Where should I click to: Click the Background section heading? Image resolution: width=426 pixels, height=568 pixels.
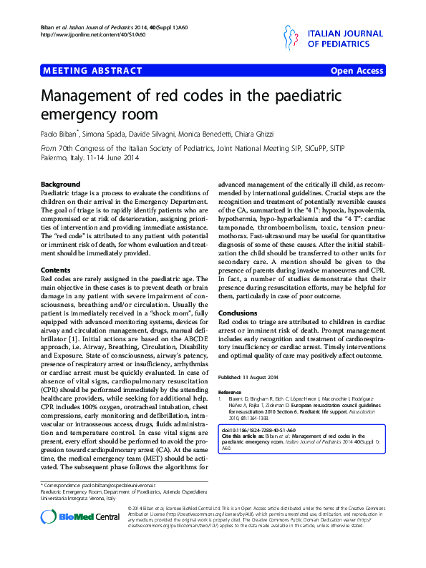click(59, 184)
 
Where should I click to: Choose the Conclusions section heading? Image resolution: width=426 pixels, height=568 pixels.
click(237, 313)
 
